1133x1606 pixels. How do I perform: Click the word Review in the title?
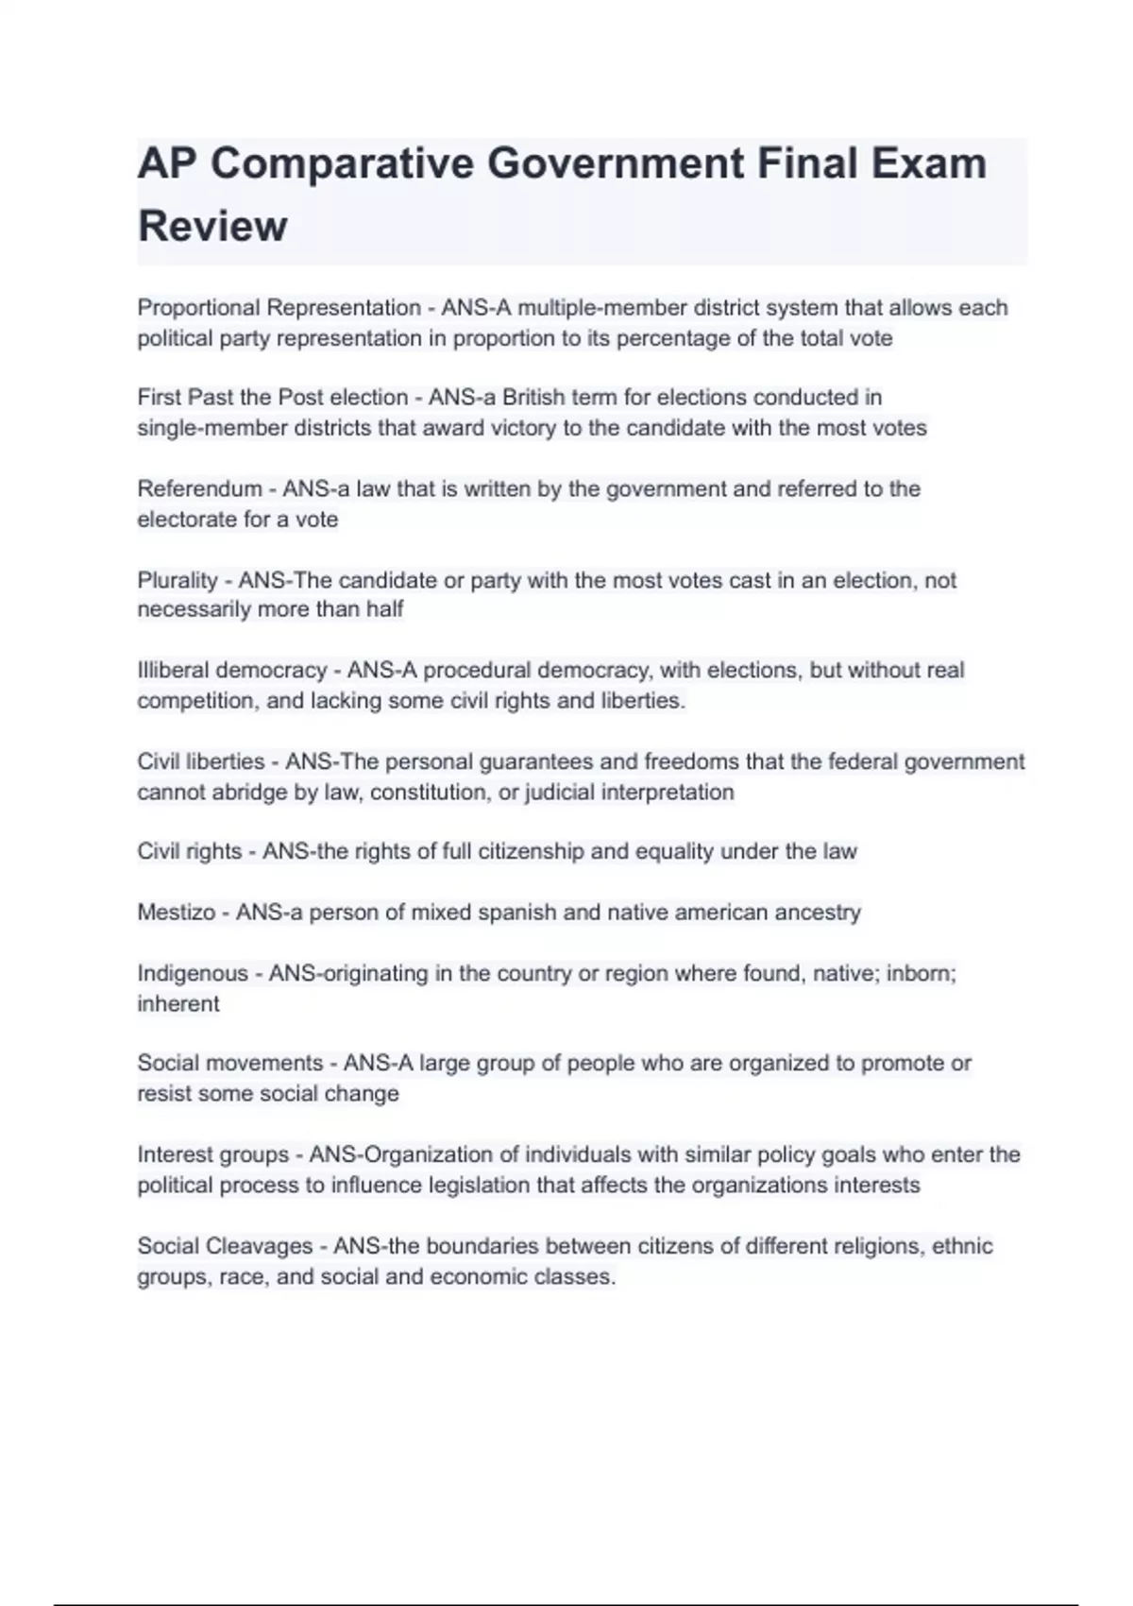[212, 227]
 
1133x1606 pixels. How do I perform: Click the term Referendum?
[199, 489]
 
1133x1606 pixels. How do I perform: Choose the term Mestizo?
[177, 913]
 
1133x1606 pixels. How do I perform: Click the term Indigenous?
[193, 974]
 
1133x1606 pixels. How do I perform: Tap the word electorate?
[184, 520]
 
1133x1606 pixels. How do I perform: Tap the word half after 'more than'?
[384, 609]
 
